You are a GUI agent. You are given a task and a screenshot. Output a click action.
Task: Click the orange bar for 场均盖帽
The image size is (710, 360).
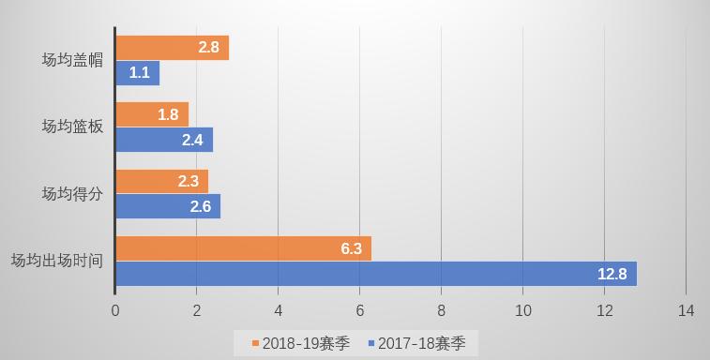172,48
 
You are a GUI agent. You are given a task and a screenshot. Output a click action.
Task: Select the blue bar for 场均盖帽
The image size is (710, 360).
138,73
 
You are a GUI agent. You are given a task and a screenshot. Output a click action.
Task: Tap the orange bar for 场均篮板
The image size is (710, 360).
152,114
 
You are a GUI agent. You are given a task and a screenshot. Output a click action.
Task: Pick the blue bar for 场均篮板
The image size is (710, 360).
164,140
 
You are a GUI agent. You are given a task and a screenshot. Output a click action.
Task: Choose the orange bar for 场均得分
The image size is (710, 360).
161,181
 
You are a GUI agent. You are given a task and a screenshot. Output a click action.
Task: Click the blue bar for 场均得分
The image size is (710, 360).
168,206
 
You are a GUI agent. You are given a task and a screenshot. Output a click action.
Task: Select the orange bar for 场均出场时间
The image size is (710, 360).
243,248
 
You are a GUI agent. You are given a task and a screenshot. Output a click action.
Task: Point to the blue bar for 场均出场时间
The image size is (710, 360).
375,274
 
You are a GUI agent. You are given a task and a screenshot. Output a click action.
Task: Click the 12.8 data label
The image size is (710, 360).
612,274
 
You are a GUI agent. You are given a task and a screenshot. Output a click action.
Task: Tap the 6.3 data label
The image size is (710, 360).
351,248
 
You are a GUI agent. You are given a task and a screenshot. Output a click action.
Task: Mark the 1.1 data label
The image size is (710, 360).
139,73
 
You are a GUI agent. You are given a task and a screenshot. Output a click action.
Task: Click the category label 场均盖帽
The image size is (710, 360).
72,60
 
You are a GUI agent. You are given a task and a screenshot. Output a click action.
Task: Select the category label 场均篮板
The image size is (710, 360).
72,127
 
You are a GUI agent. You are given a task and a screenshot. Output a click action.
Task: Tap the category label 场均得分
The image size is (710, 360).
72,194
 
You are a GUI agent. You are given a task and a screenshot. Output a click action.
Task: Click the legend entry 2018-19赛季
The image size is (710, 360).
300,343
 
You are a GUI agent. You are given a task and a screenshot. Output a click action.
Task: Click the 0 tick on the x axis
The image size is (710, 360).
115,310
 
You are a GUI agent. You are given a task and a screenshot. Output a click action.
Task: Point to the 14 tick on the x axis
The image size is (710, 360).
686,310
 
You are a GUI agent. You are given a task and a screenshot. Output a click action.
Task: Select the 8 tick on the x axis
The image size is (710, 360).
441,310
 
